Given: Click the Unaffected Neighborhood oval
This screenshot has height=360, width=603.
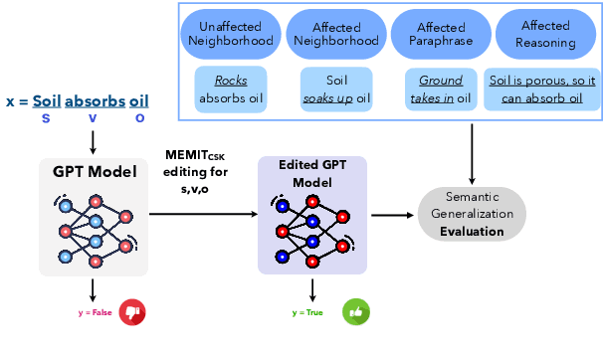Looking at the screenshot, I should point(231,35).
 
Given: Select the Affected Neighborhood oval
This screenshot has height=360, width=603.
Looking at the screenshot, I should point(335,35).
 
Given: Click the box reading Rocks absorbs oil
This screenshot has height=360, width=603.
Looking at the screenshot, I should point(231,89).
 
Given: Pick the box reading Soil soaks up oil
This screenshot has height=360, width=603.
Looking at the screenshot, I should point(335,89).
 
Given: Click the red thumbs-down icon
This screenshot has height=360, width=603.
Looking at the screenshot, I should point(131,312).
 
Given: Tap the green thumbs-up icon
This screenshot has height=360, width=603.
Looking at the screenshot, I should point(355,312).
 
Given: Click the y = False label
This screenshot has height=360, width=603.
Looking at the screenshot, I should point(96,312).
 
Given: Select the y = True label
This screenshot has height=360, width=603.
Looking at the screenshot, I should point(309,312).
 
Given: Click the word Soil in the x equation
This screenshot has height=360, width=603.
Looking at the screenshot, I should point(46,100).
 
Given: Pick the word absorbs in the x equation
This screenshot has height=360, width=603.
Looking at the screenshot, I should point(95,100).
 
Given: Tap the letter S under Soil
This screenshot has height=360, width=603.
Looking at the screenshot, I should point(46,118).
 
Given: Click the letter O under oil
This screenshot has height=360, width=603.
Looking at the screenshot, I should point(139,118).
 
